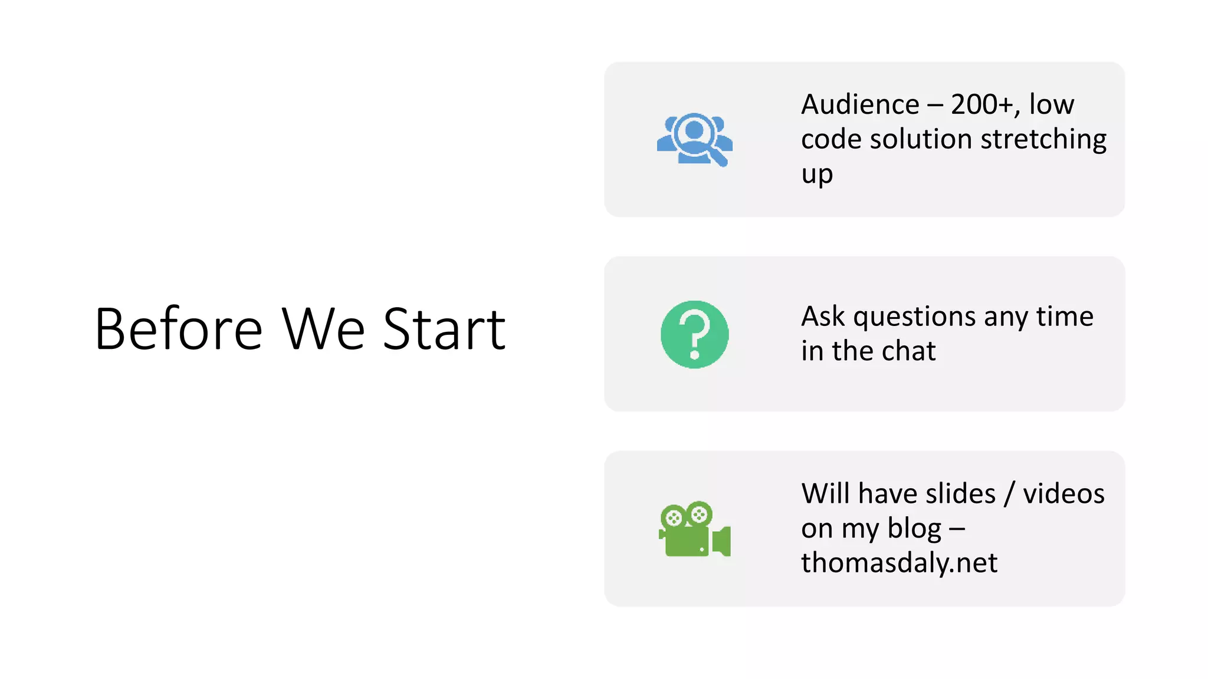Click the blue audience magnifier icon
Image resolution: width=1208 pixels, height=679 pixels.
(x=695, y=140)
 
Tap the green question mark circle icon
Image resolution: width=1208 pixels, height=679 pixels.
(x=695, y=334)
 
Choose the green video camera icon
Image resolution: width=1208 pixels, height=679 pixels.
(x=695, y=529)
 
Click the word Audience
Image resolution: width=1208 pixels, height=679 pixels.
(x=860, y=105)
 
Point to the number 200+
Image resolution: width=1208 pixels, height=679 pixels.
(x=981, y=105)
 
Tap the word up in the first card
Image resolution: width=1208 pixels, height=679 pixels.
(x=817, y=175)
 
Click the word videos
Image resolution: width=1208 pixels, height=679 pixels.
(x=1063, y=493)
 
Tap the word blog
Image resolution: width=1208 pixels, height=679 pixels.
(x=914, y=529)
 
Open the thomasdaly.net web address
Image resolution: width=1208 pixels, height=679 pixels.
(x=899, y=563)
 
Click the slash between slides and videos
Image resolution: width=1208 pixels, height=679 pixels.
(x=1009, y=493)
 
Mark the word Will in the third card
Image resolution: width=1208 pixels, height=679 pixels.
(x=825, y=493)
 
